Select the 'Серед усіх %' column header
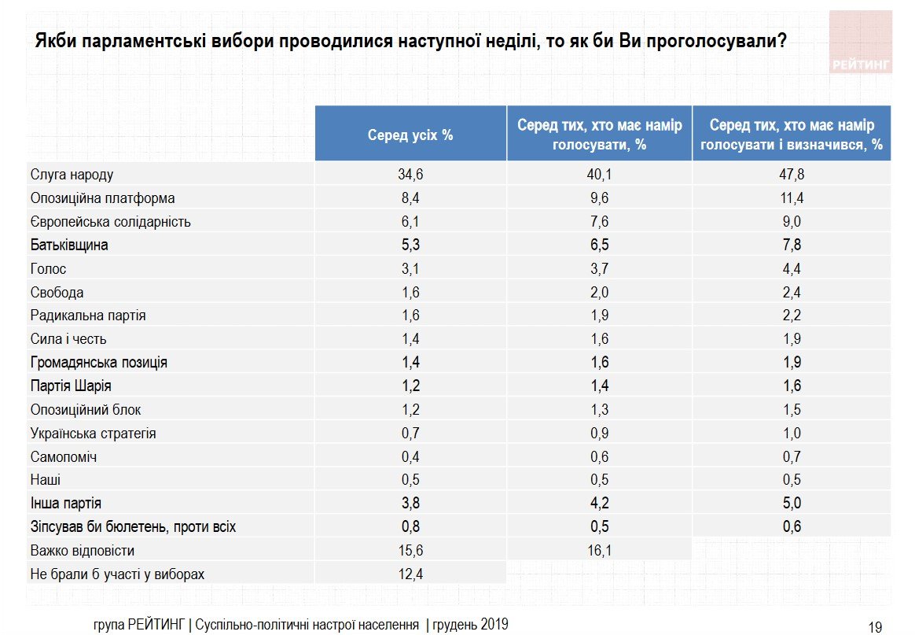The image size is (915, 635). click(x=410, y=135)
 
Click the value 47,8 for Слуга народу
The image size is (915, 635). click(x=791, y=175)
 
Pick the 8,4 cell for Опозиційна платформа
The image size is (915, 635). click(x=410, y=198)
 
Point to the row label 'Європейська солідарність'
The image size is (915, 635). click(x=110, y=222)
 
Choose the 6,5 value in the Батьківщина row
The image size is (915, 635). click(x=599, y=246)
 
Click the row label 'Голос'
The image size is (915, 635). click(x=48, y=269)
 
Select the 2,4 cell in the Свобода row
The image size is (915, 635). click(x=791, y=293)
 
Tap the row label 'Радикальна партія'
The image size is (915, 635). click(x=88, y=316)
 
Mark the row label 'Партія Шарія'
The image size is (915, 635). click(x=70, y=386)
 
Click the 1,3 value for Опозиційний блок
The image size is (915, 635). click(x=599, y=410)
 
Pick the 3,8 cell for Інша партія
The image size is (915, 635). click(x=410, y=504)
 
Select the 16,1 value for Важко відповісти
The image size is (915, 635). click(x=599, y=551)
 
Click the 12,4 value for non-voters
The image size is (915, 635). click(x=410, y=574)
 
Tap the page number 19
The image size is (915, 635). click(x=875, y=627)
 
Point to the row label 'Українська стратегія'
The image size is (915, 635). click(x=93, y=434)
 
